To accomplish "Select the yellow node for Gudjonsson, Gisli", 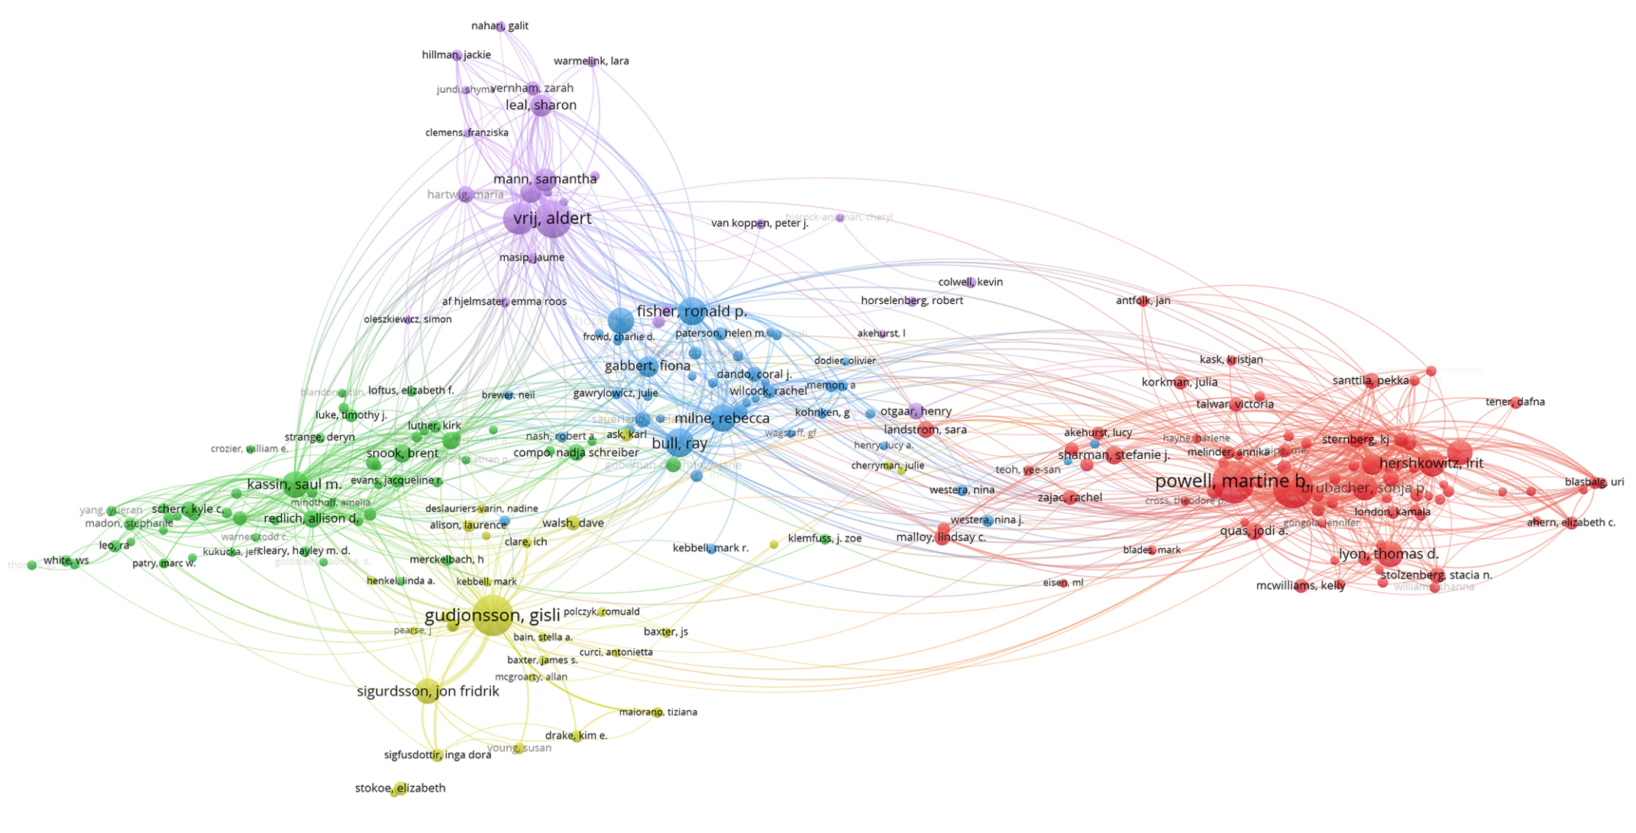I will [x=493, y=615].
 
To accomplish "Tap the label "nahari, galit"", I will [x=500, y=26].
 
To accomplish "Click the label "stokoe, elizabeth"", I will [x=400, y=788].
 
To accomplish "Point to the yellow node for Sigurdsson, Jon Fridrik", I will [x=428, y=691].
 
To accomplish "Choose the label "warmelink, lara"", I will [x=591, y=61].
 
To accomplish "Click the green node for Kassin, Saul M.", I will [x=294, y=484].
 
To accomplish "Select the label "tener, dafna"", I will [x=1515, y=402].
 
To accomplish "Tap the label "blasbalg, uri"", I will [x=1594, y=482].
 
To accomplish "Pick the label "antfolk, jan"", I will [x=1143, y=301].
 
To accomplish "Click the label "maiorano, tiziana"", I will [x=658, y=712].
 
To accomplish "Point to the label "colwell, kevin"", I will [x=970, y=282].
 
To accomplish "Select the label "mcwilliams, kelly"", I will [x=1301, y=586].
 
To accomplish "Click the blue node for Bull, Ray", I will [x=679, y=444].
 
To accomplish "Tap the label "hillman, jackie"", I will [x=456, y=55].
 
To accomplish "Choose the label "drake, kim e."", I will [x=576, y=736].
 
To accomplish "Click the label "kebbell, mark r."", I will [x=710, y=548].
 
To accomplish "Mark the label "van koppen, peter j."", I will [x=759, y=223].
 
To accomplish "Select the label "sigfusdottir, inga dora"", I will [x=437, y=755].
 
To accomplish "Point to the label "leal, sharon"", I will [x=541, y=105].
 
